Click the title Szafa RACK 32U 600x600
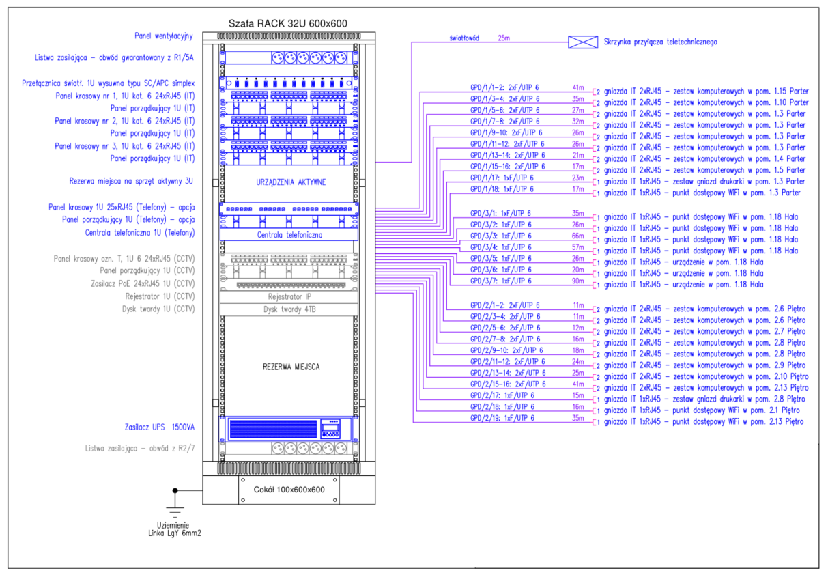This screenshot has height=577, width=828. [287, 23]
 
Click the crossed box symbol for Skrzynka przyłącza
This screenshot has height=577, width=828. [583, 42]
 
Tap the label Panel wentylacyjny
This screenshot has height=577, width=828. [165, 35]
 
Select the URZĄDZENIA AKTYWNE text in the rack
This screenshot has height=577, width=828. [287, 182]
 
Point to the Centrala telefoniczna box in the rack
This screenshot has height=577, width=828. [287, 235]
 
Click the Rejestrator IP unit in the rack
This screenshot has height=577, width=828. [287, 298]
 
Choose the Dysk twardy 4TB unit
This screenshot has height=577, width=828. [287, 309]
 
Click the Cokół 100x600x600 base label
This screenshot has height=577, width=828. [289, 490]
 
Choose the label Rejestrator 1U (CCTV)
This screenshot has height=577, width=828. [160, 296]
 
